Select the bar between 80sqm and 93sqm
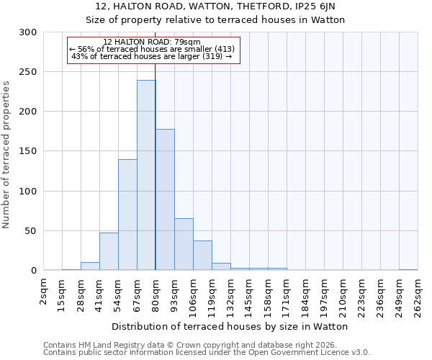pyautogui.click(x=165, y=199)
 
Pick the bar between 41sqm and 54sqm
pyautogui.click(x=109, y=251)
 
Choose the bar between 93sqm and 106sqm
pyautogui.click(x=184, y=244)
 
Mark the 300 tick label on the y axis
pyautogui.click(x=28, y=32)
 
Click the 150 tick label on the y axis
pyautogui.click(x=28, y=151)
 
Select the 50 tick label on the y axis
pyautogui.click(x=31, y=231)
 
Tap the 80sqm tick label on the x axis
pyautogui.click(x=156, y=295)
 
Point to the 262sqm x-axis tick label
pyautogui.click(x=418, y=297)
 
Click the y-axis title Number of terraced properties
pyautogui.click(x=7, y=155)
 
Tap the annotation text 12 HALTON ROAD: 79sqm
pyautogui.click(x=152, y=42)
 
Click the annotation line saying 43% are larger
pyautogui.click(x=152, y=57)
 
